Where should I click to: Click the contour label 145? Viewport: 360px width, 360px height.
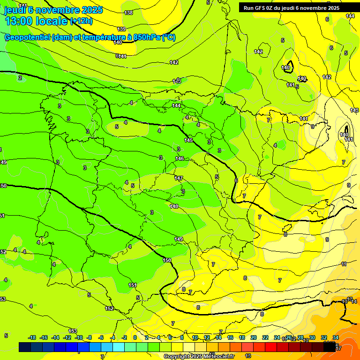[x=188, y=140]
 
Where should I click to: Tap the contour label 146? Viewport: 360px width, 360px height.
[x=180, y=158]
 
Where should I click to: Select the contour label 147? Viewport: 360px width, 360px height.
[x=179, y=178]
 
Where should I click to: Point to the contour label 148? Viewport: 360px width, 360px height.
[x=174, y=206]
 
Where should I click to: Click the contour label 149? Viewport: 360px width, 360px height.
[x=179, y=239]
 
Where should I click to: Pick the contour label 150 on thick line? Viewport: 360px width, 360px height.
[x=167, y=260]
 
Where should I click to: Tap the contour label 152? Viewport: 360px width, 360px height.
[x=109, y=308]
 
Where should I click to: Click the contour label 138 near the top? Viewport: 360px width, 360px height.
[x=128, y=13]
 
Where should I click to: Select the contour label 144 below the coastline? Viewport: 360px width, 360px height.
[x=176, y=105]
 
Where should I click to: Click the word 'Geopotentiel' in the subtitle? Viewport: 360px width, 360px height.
[x=27, y=37]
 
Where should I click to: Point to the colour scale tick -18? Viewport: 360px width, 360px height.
[x=32, y=337]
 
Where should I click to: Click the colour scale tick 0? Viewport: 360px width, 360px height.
[x=135, y=337]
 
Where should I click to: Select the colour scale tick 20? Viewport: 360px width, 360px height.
[x=253, y=337]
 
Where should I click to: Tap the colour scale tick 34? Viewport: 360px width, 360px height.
[x=336, y=337]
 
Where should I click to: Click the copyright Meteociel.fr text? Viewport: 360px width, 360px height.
[x=199, y=356]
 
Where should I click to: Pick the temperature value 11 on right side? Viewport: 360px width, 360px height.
[x=344, y=264]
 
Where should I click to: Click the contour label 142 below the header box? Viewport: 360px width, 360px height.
[x=258, y=52]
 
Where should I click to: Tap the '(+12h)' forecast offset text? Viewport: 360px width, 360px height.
[x=81, y=21]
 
